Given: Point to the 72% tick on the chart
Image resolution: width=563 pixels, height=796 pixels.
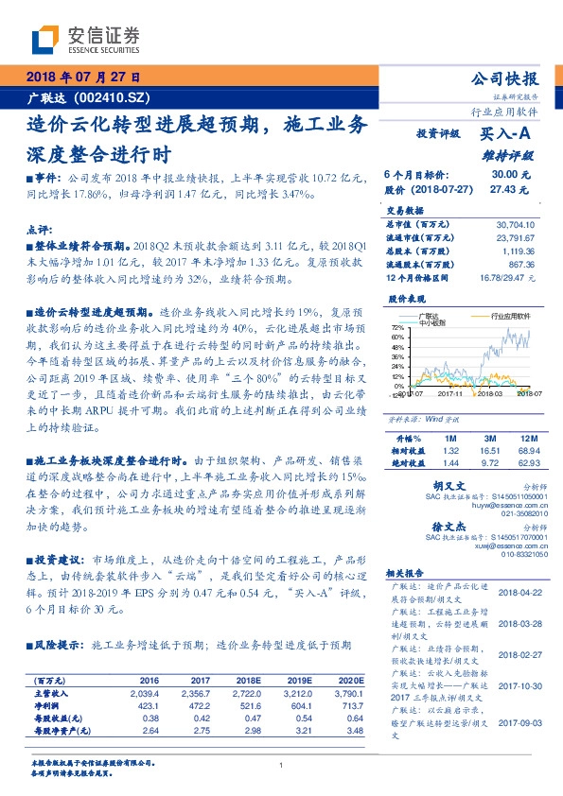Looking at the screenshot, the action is point(398,327).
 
